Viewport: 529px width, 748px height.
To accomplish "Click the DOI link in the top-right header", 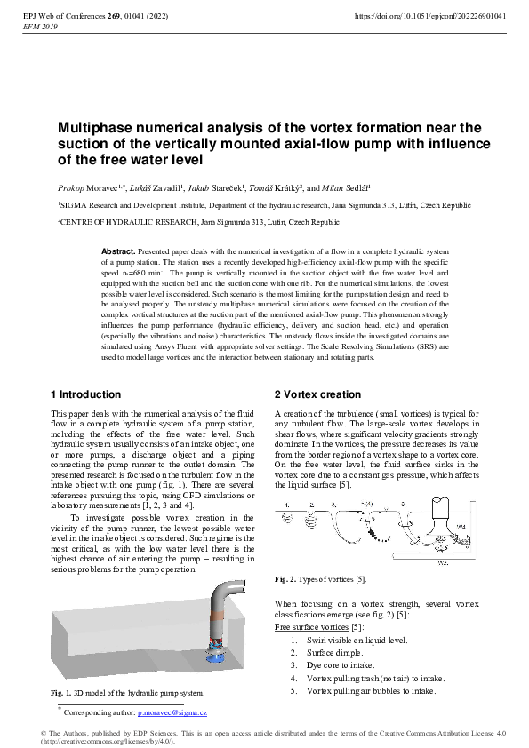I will click(430, 16).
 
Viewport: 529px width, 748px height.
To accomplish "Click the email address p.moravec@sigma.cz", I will click(172, 713).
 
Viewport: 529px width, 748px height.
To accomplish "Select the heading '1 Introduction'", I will click(86, 394).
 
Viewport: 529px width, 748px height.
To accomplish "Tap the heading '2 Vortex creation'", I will click(317, 394).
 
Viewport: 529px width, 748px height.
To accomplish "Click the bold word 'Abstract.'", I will click(118, 252).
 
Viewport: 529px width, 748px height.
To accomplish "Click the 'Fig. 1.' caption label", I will click(60, 693).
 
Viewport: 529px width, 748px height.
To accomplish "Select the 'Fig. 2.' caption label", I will click(285, 579).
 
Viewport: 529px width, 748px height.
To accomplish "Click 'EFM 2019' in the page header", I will click(36, 27).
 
